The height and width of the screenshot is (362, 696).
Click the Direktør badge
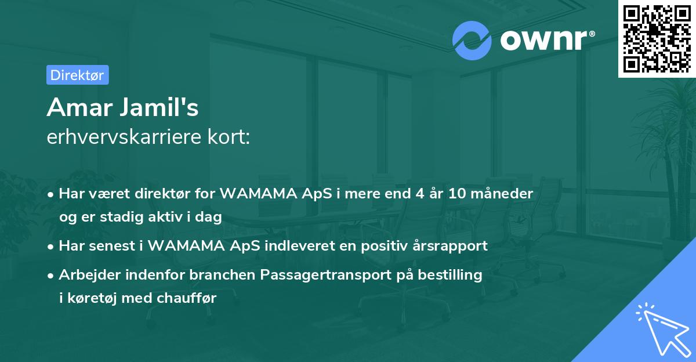point(77,75)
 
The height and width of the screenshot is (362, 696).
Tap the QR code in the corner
point(657,38)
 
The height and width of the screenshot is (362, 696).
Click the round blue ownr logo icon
point(472,41)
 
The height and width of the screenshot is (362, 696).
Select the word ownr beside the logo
point(544,41)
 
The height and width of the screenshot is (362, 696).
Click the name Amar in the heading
point(75,107)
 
